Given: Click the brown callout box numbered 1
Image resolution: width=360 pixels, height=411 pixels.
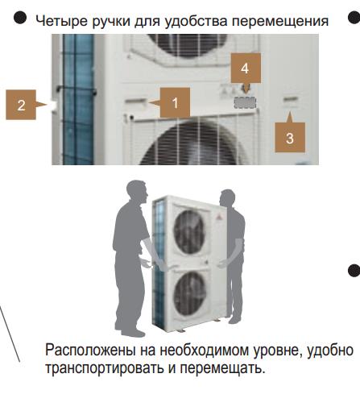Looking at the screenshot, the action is tap(175, 102).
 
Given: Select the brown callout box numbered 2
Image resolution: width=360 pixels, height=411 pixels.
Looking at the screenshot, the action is tap(21, 105).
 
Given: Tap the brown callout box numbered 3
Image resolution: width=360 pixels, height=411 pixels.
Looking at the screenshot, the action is tap(290, 138).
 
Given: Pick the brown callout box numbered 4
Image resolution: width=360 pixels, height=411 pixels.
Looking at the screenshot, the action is tap(246, 68).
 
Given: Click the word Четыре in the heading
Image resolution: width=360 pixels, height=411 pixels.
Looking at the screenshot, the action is tap(61, 21).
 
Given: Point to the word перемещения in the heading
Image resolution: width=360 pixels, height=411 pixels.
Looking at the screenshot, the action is tap(280, 21).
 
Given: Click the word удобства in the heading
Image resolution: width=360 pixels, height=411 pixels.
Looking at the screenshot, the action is tap(197, 20).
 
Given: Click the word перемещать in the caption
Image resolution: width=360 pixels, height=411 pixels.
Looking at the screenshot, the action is tap(222, 368).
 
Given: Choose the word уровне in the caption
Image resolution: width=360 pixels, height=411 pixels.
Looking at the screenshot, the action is tap(276, 351).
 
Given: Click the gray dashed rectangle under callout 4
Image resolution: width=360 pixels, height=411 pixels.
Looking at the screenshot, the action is tap(245, 102).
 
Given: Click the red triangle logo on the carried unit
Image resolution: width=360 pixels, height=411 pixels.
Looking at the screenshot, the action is tap(217, 217).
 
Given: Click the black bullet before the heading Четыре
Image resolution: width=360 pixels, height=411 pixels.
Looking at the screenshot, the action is tap(20, 18).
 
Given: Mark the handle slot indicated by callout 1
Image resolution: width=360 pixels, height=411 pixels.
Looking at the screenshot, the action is tap(136, 102).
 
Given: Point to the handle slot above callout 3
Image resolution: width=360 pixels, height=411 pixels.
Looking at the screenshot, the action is tap(291, 99).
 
